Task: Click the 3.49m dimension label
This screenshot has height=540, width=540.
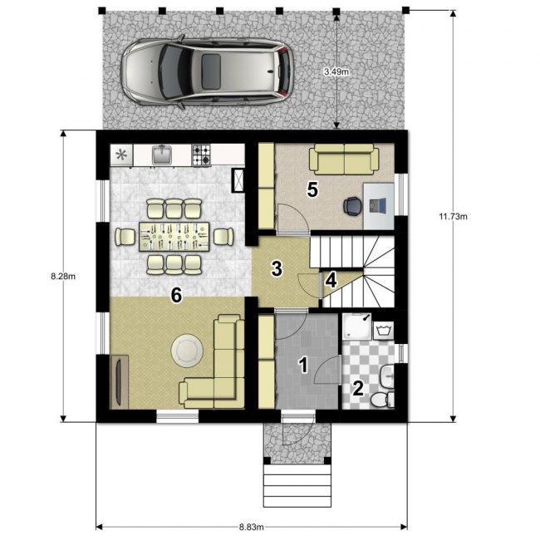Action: point(336,71)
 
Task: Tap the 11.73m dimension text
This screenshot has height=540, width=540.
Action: point(454,216)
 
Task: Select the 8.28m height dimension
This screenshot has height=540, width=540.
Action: point(63,276)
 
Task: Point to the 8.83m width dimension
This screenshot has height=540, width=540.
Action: point(252,527)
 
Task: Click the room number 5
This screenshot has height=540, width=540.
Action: point(312,189)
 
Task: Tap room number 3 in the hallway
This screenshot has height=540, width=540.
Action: point(277,268)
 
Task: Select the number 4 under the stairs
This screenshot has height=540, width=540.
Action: point(331,280)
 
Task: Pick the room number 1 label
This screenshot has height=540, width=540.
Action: point(303,365)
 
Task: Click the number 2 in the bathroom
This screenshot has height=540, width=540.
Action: point(358,388)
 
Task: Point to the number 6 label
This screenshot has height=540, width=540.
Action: point(176,295)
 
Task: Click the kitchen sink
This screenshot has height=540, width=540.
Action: point(162,155)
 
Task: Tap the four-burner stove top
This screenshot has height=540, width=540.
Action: point(201,155)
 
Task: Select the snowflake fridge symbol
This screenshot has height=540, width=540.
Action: point(121,155)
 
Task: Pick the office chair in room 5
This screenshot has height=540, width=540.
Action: point(352,205)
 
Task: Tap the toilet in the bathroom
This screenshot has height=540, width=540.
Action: point(382,400)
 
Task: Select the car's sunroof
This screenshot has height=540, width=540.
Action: point(211,71)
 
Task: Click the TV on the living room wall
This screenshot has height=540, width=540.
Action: point(119,383)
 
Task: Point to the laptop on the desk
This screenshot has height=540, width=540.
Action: point(377,205)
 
